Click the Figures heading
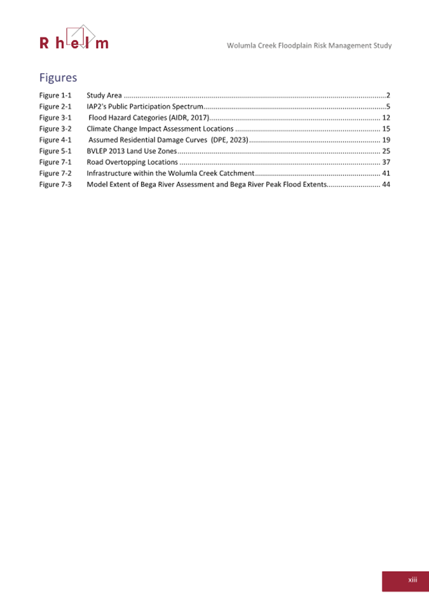(x=58, y=78)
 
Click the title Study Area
(x=104, y=95)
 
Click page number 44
(x=385, y=184)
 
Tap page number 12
(x=385, y=118)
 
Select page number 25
(x=385, y=151)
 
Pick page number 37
(x=385, y=162)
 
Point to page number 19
(x=385, y=139)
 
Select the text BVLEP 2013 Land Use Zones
(x=131, y=151)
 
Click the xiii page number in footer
(x=412, y=579)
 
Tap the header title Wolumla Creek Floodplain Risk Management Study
(x=309, y=46)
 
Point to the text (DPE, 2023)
(x=229, y=139)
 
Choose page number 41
(x=385, y=173)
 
